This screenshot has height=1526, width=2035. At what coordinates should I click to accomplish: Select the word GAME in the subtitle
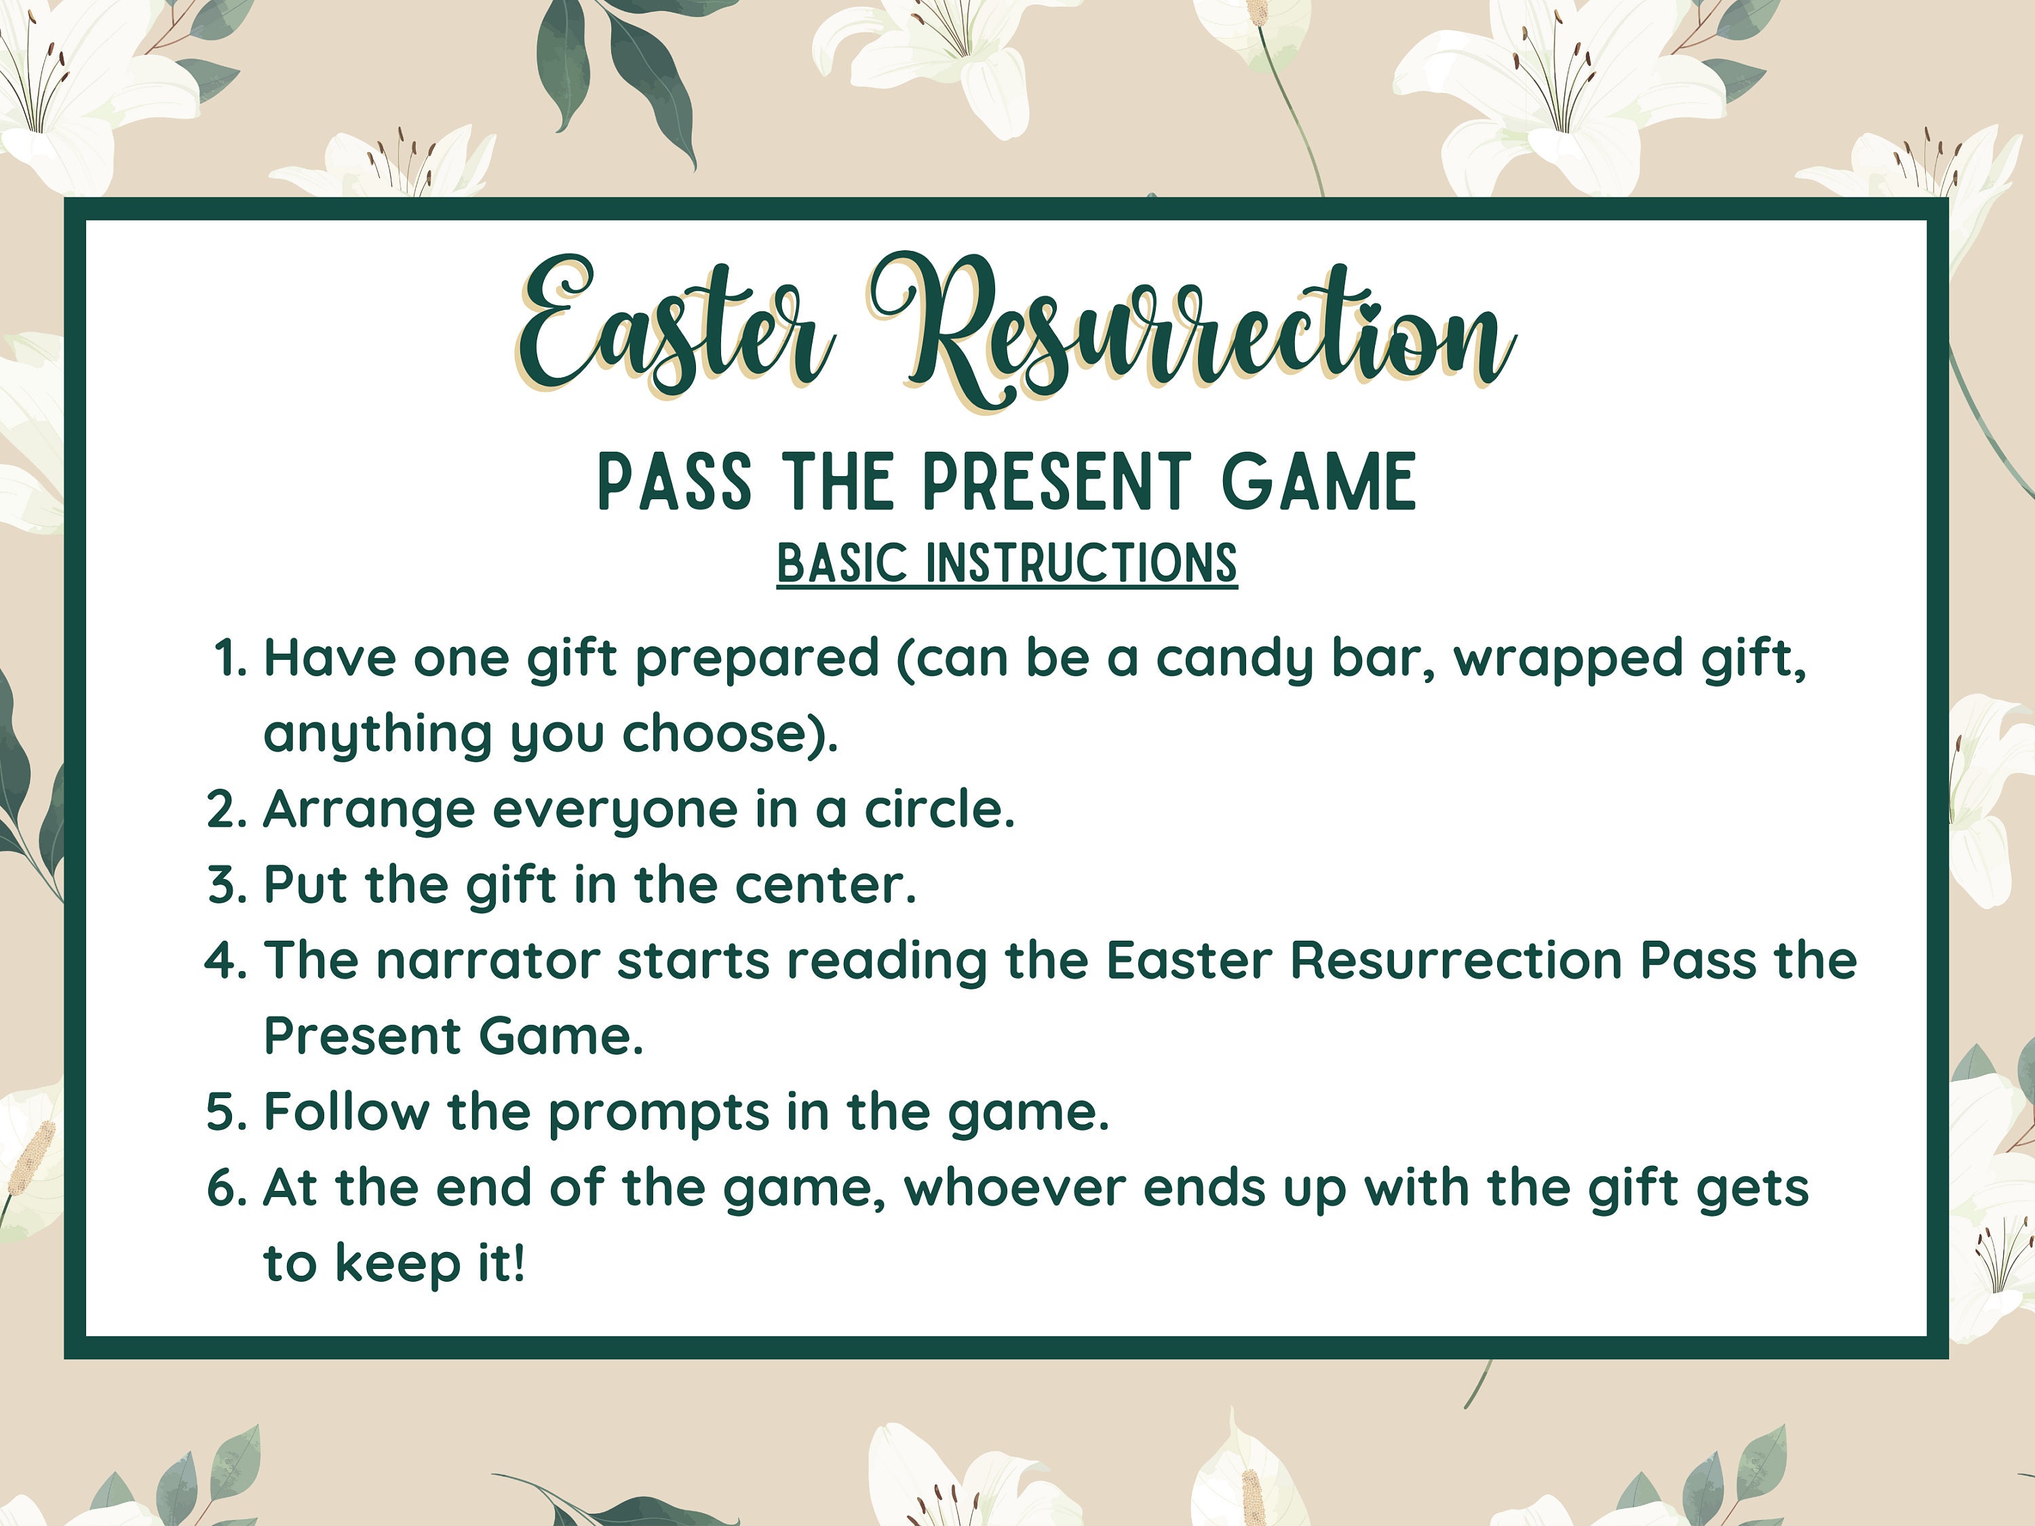[x=1318, y=482]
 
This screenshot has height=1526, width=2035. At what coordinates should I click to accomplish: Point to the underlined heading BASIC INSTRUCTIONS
[x=1007, y=563]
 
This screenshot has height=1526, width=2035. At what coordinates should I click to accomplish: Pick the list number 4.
[x=225, y=961]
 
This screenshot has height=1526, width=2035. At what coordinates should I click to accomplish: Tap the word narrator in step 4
[x=488, y=961]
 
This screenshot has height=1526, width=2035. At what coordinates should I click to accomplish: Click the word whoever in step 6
[x=1015, y=1188]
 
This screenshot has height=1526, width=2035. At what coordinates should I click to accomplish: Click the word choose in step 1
[x=729, y=734]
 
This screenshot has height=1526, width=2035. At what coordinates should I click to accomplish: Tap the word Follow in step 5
[x=346, y=1112]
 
